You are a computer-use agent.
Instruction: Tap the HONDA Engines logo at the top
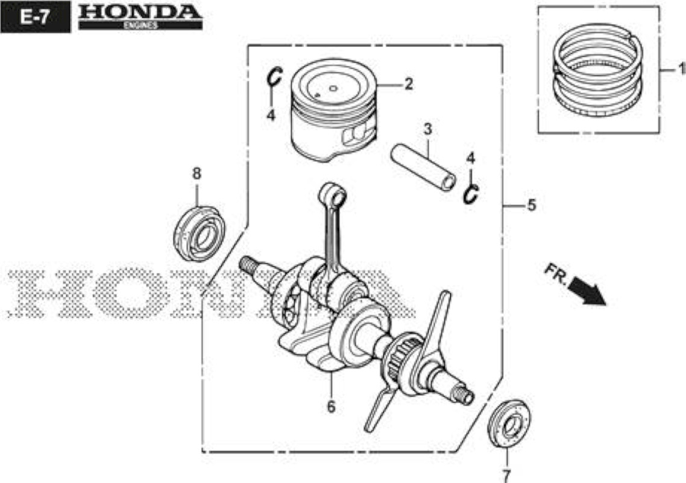point(140,17)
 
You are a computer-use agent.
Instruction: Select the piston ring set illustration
point(597,70)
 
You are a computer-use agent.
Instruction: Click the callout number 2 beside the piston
point(409,84)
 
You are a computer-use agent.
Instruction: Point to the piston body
point(334,110)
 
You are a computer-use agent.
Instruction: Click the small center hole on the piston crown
point(333,88)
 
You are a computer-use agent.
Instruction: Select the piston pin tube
point(423,167)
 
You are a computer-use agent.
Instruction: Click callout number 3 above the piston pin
point(428,129)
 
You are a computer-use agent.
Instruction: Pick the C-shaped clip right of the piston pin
point(471,194)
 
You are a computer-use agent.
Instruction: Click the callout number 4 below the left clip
point(271,115)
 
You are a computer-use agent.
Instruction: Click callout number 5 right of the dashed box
point(532,205)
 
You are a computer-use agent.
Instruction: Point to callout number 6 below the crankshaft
point(331,407)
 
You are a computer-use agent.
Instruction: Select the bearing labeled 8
point(199,234)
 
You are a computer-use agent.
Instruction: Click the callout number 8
point(197,173)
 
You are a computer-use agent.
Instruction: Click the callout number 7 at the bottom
point(506,475)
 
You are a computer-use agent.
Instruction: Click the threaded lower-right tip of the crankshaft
point(465,395)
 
